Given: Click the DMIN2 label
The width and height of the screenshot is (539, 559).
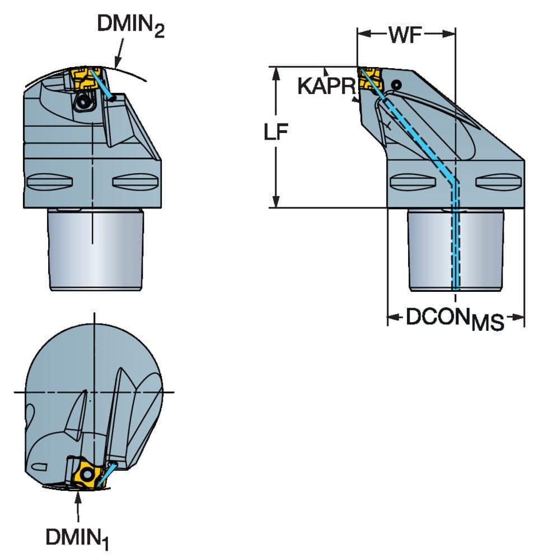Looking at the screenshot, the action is [130, 26].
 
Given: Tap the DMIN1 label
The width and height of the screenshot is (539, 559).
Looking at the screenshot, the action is [77, 538].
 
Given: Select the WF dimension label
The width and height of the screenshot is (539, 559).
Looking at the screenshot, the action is [406, 35].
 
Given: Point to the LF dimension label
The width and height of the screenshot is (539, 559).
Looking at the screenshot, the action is [275, 131].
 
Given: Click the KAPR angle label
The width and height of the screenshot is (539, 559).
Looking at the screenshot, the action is [327, 86].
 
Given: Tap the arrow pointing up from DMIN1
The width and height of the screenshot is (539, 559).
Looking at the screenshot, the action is [78, 506].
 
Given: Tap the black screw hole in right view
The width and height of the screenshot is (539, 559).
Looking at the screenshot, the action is [396, 85].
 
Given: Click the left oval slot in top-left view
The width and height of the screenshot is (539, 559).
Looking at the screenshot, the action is [50, 182].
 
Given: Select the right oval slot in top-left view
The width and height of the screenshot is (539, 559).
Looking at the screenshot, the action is [135, 182].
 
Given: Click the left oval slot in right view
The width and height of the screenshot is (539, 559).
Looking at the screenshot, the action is [413, 182].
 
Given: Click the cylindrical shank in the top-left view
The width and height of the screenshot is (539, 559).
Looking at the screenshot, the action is [96, 249].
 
